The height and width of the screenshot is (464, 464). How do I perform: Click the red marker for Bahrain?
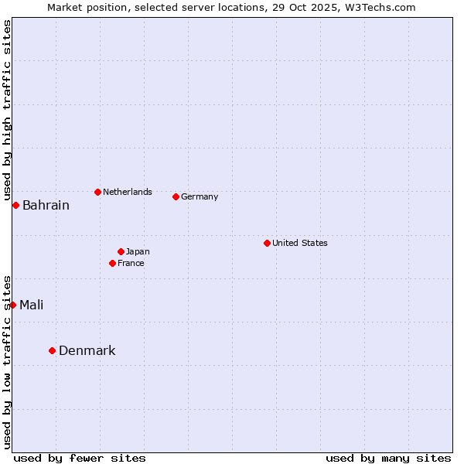(15, 205)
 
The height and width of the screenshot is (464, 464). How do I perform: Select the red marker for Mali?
(12, 305)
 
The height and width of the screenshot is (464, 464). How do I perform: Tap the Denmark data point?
(52, 350)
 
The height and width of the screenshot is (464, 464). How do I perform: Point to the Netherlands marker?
(97, 192)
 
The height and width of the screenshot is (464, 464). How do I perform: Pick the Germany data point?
(176, 196)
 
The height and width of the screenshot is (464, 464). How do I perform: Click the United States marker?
(267, 243)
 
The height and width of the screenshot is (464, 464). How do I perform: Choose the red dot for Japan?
(121, 251)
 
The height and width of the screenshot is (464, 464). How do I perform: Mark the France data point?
(112, 263)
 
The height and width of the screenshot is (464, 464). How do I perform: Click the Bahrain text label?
(46, 206)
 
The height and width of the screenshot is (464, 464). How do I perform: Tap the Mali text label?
(31, 305)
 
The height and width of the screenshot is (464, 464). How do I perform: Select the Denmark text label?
(87, 351)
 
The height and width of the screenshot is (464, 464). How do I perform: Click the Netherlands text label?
(127, 192)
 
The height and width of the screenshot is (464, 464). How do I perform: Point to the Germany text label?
(200, 196)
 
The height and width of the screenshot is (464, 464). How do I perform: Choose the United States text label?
(299, 243)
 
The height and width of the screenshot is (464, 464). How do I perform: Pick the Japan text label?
(138, 251)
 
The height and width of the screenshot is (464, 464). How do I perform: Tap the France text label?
(131, 263)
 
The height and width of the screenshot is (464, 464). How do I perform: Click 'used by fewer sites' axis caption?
(80, 458)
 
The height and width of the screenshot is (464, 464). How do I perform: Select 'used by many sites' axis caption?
(388, 458)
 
